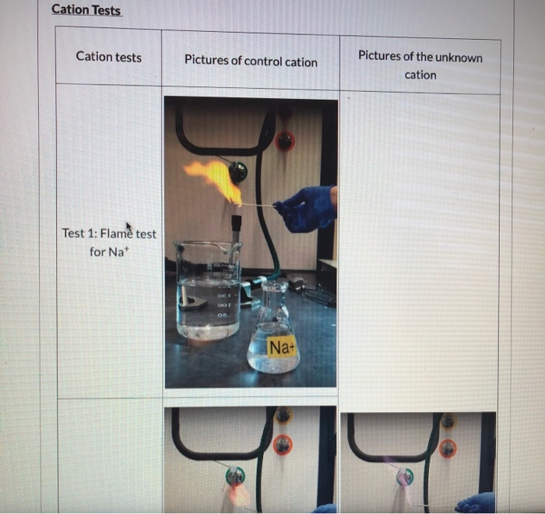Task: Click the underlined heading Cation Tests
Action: click(x=86, y=10)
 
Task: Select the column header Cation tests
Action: click(x=108, y=56)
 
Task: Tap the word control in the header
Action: click(x=264, y=61)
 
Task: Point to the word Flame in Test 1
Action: click(x=117, y=234)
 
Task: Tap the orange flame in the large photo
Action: click(x=215, y=178)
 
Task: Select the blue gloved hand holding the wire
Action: click(x=305, y=209)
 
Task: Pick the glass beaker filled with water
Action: click(x=208, y=292)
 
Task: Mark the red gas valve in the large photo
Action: click(x=284, y=141)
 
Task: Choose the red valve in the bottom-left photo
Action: click(x=283, y=445)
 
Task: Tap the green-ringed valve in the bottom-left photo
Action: click(x=234, y=476)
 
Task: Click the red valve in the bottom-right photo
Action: click(x=447, y=449)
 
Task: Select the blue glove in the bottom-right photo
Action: click(x=476, y=502)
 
